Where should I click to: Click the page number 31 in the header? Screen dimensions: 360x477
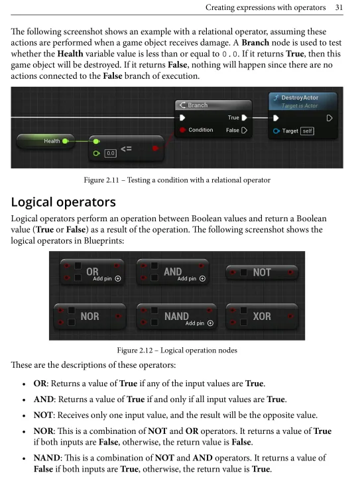pos(339,7)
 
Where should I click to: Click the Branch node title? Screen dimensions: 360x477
pos(198,105)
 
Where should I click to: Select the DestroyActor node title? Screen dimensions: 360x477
pos(300,97)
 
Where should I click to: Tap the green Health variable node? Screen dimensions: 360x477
pos(46,141)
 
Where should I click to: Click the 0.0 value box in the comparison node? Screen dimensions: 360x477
pos(111,153)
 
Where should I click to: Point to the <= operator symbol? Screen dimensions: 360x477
pos(126,149)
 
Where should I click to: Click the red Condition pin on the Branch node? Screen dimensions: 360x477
pos(182,130)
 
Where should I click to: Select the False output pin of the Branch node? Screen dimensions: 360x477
pos(244,131)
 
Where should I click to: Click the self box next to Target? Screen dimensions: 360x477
pos(308,131)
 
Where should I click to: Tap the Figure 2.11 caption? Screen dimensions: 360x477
pos(177,180)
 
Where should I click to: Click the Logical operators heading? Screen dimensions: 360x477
pos(63,202)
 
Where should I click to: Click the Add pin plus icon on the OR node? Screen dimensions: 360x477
pos(118,279)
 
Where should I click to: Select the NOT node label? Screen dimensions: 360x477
pos(262,272)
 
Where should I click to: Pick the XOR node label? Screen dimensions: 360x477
pos(262,317)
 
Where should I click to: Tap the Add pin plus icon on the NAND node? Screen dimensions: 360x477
pos(210,323)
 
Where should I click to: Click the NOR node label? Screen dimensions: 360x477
pos(90,317)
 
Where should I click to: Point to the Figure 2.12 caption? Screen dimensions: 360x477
pos(177,350)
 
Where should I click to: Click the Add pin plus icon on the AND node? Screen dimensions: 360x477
pos(202,279)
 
